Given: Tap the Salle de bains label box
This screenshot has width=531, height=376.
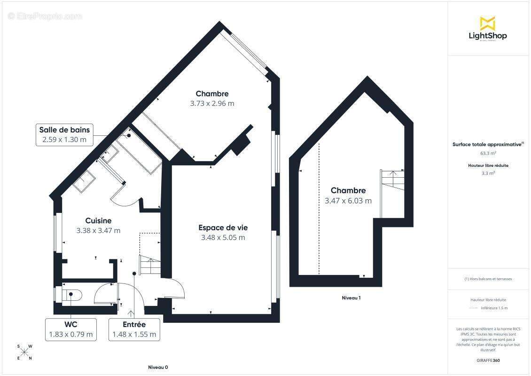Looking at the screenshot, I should click(65, 134).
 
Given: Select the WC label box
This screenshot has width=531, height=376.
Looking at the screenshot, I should click(71, 329).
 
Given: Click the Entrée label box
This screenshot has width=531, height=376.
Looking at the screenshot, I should click(134, 329).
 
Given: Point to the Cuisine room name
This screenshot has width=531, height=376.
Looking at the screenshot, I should click(98, 220).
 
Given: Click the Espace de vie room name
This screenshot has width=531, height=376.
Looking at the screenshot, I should click(223, 227).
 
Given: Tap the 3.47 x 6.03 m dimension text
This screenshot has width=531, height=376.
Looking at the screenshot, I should click(348, 201).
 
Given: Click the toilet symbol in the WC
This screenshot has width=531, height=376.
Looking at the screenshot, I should click(73, 295).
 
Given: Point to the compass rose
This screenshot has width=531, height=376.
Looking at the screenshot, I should click(24, 352).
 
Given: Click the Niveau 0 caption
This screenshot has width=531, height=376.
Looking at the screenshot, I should click(158, 367).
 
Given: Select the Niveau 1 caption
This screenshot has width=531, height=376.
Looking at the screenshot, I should click(351, 298).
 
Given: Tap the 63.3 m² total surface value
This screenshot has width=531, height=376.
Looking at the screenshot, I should click(488, 153).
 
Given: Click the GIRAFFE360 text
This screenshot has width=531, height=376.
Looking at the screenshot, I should click(488, 360).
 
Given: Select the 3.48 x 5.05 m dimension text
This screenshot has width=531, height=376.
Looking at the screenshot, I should click(223, 237).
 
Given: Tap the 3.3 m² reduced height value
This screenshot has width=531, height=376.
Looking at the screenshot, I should click(488, 173).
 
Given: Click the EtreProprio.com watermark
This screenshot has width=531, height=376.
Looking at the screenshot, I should click(45, 16).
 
